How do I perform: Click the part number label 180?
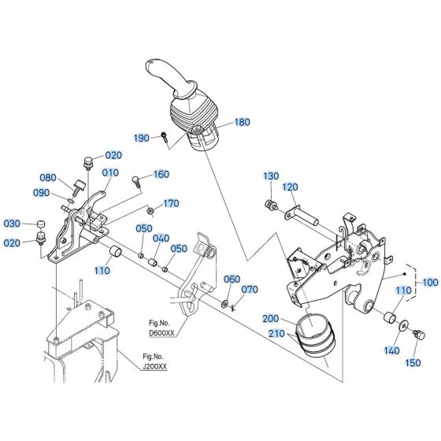(x=242, y=122)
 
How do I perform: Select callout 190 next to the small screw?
(x=141, y=138)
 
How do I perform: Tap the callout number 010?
(x=109, y=172)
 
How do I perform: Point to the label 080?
(x=49, y=177)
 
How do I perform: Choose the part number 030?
(x=13, y=223)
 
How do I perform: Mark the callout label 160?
(x=161, y=174)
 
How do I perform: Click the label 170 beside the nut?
(x=171, y=203)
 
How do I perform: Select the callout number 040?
(x=161, y=239)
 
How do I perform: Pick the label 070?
(x=250, y=290)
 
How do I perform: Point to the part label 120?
(x=291, y=187)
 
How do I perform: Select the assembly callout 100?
(x=430, y=281)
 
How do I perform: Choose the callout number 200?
(x=270, y=319)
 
